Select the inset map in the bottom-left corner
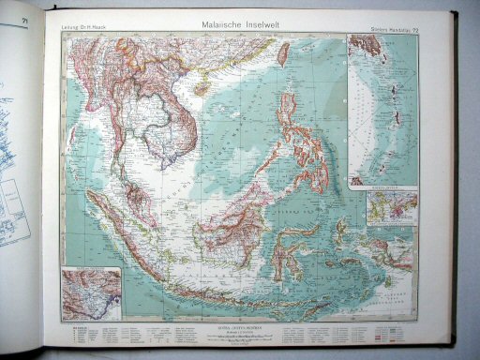[x=91, y=293]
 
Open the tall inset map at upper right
[x=382, y=111]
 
